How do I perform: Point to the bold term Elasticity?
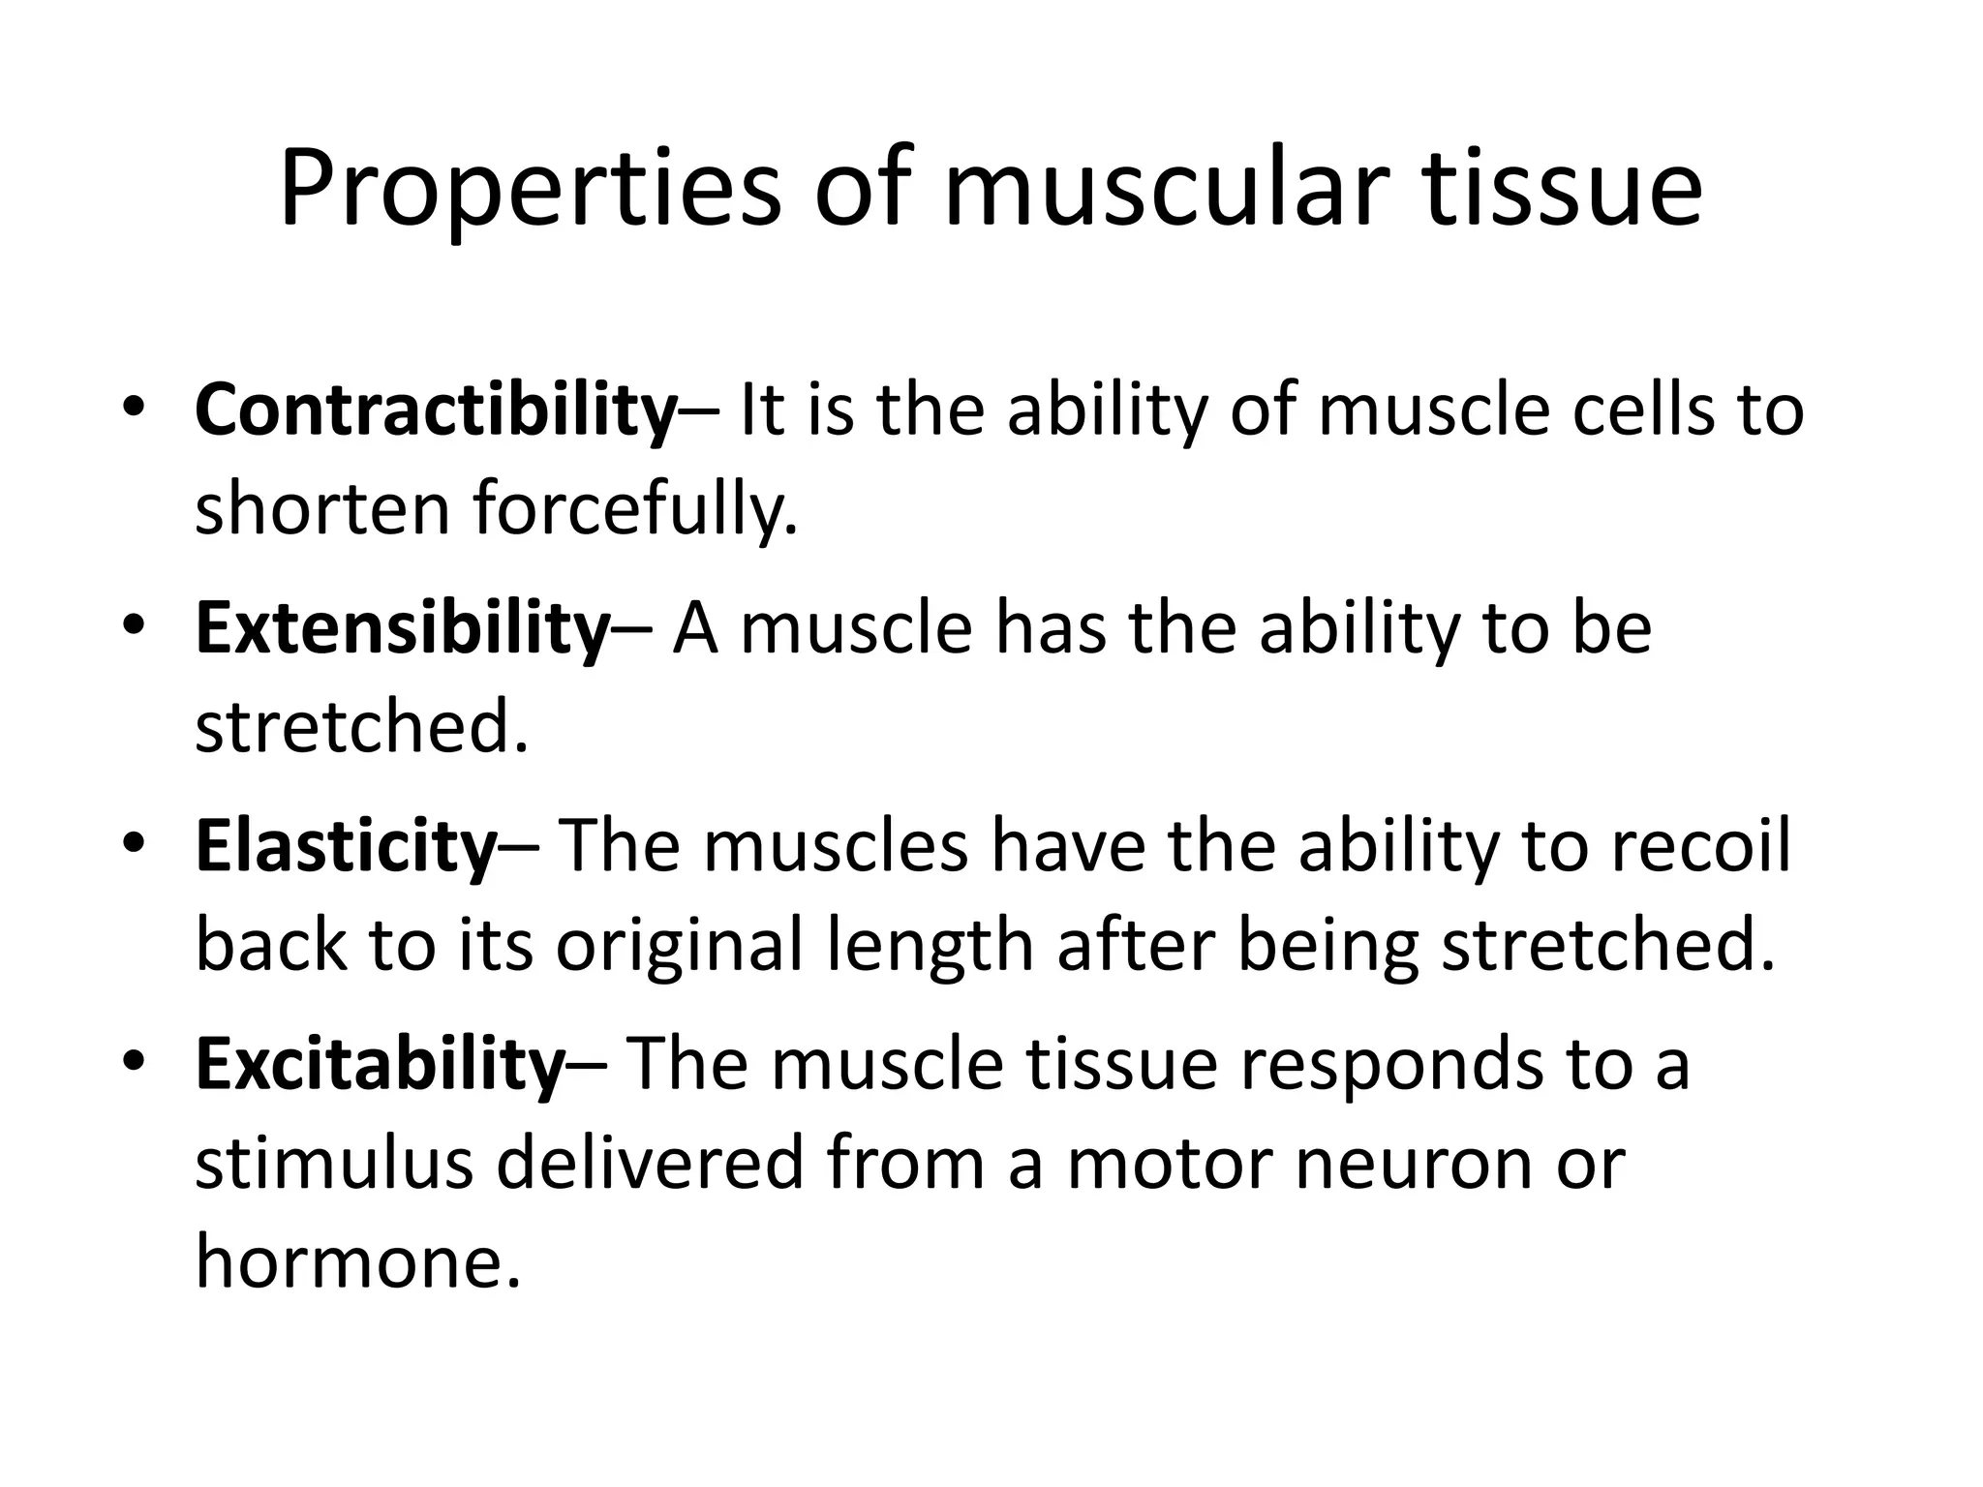click(346, 846)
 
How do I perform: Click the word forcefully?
click(635, 509)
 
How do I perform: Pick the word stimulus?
click(333, 1163)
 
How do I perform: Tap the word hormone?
click(357, 1261)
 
